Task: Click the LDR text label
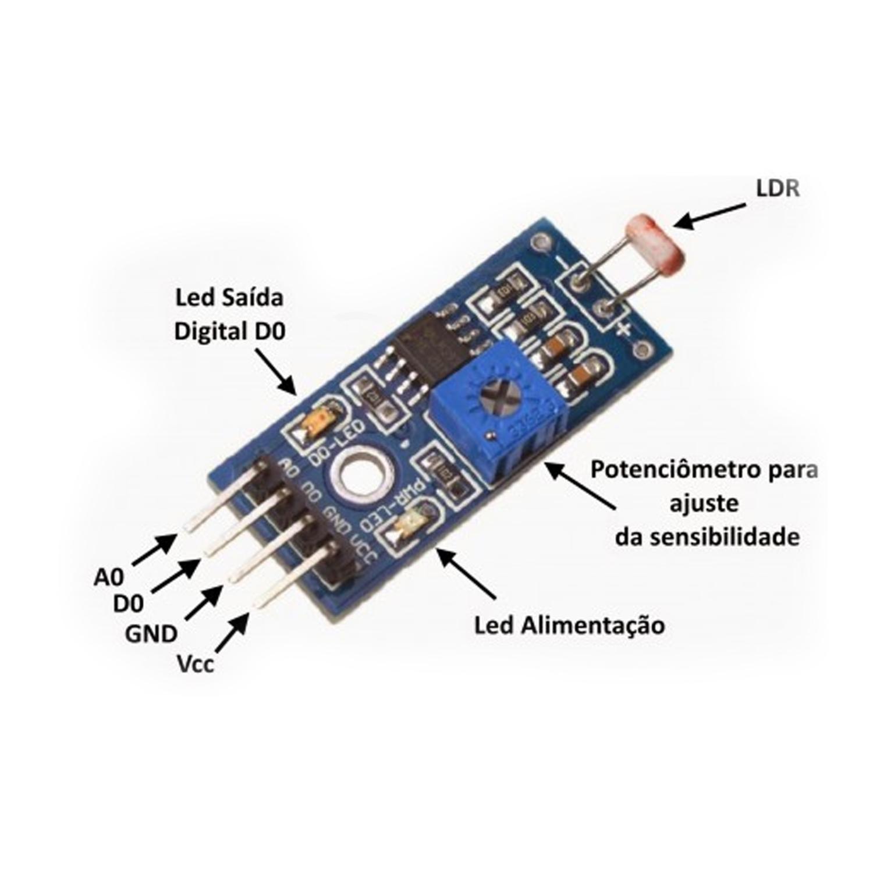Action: tap(777, 189)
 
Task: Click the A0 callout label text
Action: tap(109, 578)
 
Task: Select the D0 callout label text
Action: tap(128, 604)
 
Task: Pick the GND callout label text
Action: tap(151, 633)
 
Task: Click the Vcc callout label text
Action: tap(196, 663)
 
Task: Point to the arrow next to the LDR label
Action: tap(709, 216)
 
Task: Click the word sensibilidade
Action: tap(725, 537)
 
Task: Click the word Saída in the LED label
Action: tap(254, 297)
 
